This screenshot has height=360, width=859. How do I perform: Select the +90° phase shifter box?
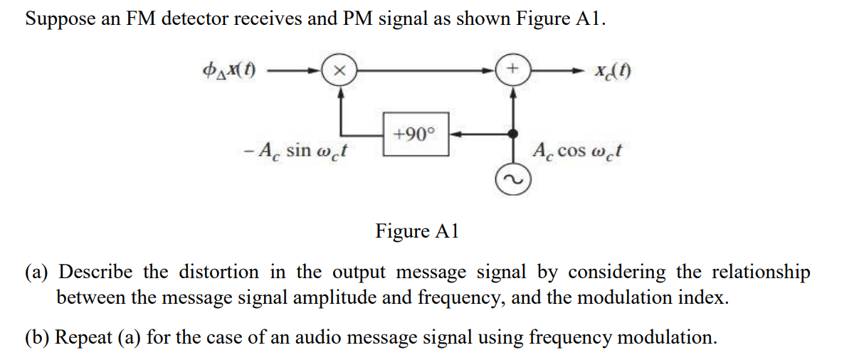click(416, 134)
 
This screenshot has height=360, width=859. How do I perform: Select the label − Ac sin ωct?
click(298, 151)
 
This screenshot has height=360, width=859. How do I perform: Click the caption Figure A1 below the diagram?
click(418, 231)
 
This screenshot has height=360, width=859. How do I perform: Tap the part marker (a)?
click(38, 272)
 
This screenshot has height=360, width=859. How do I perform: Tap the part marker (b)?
click(38, 337)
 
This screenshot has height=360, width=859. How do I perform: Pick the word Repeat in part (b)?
click(82, 337)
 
